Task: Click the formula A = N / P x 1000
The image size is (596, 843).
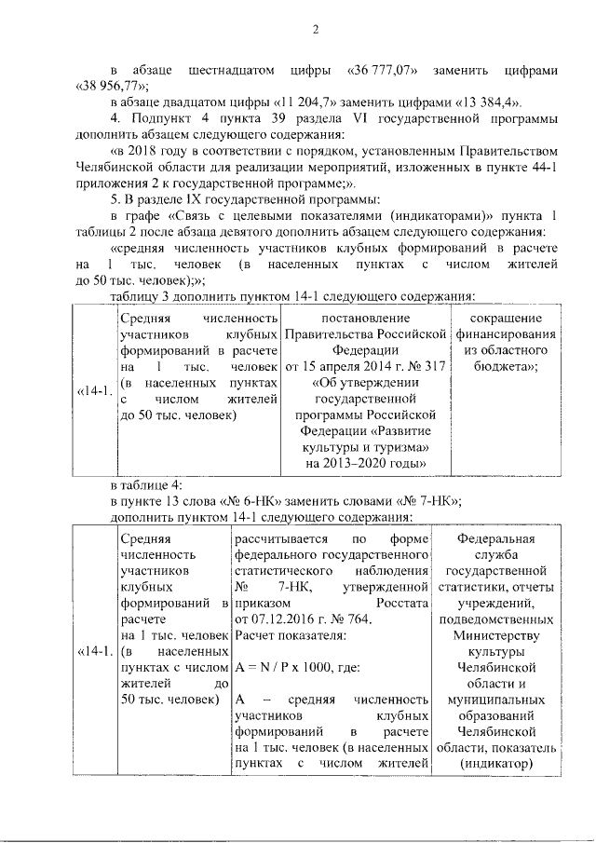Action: click(291, 667)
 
